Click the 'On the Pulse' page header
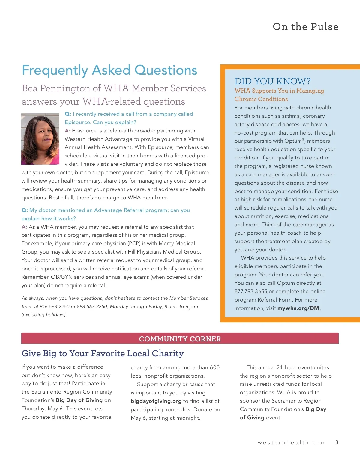click(x=305, y=27)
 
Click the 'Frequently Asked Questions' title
click(x=109, y=70)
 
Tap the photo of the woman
click(x=40, y=138)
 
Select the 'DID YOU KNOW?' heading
click(x=272, y=81)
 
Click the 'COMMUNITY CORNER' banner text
click(x=180, y=339)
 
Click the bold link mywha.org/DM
click(x=298, y=308)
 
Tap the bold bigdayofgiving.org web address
click(x=156, y=401)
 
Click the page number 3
click(x=337, y=442)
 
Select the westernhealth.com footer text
click(x=292, y=442)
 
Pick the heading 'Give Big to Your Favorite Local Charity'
click(x=103, y=354)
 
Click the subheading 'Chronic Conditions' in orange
click(x=261, y=99)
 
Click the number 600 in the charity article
click(x=214, y=367)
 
